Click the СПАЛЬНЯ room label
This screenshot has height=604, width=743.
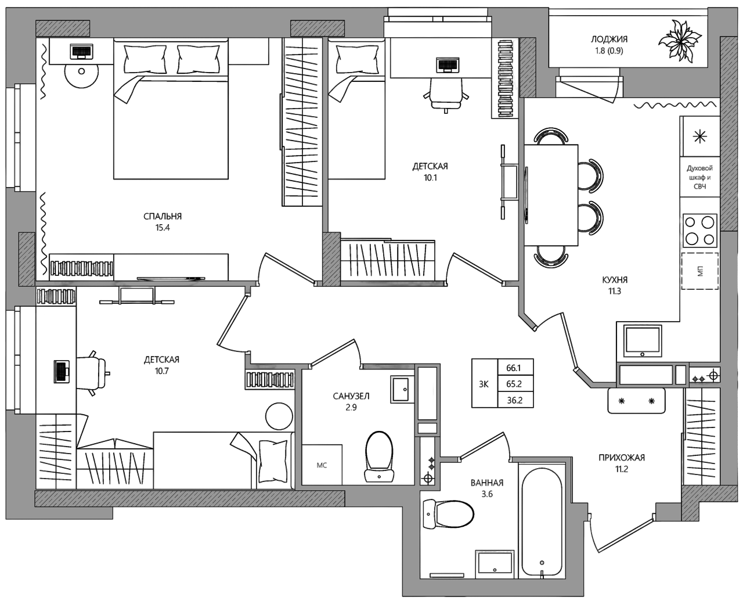coord(163,217)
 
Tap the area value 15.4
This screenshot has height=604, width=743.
coord(163,228)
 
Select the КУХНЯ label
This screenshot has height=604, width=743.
coord(615,279)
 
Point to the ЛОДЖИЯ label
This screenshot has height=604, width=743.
coord(609,39)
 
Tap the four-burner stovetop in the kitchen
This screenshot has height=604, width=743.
coord(699,231)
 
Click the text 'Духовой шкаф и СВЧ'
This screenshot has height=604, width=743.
coord(699,177)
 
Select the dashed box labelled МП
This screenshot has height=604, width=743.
coord(699,271)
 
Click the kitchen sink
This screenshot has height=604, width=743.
coord(643,341)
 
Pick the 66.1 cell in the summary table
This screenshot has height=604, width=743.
coord(514,368)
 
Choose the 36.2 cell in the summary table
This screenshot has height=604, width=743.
coord(514,400)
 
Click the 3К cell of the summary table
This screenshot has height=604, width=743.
coord(484,384)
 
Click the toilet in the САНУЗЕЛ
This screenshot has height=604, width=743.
coord(379,456)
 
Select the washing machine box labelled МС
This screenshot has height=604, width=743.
coord(322,465)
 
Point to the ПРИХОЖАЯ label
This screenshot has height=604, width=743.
coord(622,458)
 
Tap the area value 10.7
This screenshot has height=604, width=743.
coord(162,371)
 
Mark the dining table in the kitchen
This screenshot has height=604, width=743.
coord(551,195)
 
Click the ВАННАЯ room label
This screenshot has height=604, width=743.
coord(487,483)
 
